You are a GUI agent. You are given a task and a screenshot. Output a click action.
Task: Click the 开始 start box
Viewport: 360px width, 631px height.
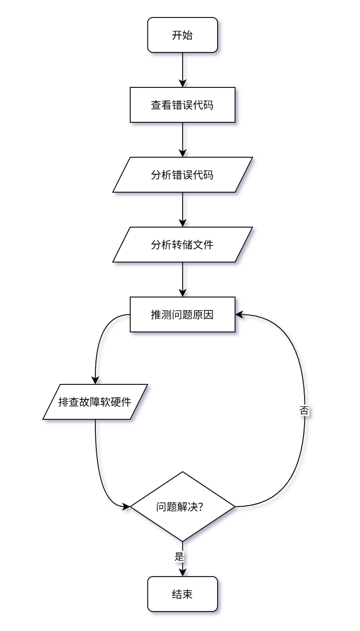pos(183,35)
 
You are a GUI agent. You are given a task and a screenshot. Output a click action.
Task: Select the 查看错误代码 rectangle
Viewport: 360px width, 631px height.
pos(183,105)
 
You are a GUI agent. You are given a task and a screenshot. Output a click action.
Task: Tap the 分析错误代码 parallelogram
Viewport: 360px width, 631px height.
pos(183,175)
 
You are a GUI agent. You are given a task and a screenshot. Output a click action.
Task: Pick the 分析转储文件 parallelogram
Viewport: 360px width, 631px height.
pos(183,245)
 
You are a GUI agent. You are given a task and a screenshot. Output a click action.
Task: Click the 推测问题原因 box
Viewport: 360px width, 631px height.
pos(183,315)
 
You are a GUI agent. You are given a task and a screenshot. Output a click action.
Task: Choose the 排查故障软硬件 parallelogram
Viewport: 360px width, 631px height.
pos(95,402)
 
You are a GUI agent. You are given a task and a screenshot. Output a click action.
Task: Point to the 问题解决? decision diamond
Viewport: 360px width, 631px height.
pos(183,507)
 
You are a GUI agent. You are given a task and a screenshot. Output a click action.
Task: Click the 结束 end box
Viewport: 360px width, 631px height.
pos(183,594)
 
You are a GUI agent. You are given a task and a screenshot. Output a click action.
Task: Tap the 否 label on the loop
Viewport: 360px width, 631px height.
pos(304,411)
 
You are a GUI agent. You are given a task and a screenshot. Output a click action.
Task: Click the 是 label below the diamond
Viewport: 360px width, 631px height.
pos(179,556)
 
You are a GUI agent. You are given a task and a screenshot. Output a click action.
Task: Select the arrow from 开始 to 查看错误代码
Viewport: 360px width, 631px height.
pos(183,70)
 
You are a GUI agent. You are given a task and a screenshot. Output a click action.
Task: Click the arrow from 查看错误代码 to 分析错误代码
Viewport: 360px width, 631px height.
pos(183,140)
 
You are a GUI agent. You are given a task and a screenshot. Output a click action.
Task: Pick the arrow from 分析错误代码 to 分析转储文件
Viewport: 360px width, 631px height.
pos(183,210)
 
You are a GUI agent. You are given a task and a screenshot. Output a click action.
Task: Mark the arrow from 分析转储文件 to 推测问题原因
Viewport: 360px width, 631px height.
pos(183,280)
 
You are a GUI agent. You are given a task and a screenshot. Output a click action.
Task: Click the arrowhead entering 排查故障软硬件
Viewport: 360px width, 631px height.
pos(95,380)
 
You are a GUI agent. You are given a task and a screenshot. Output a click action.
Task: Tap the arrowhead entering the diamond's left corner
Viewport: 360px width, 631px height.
pos(126,507)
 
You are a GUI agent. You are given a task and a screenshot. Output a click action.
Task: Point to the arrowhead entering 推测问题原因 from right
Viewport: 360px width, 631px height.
pos(240,315)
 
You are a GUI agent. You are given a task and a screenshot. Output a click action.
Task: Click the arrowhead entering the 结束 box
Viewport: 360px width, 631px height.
pos(183,572)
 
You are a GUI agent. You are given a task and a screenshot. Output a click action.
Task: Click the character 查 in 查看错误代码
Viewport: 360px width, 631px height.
pos(155,105)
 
